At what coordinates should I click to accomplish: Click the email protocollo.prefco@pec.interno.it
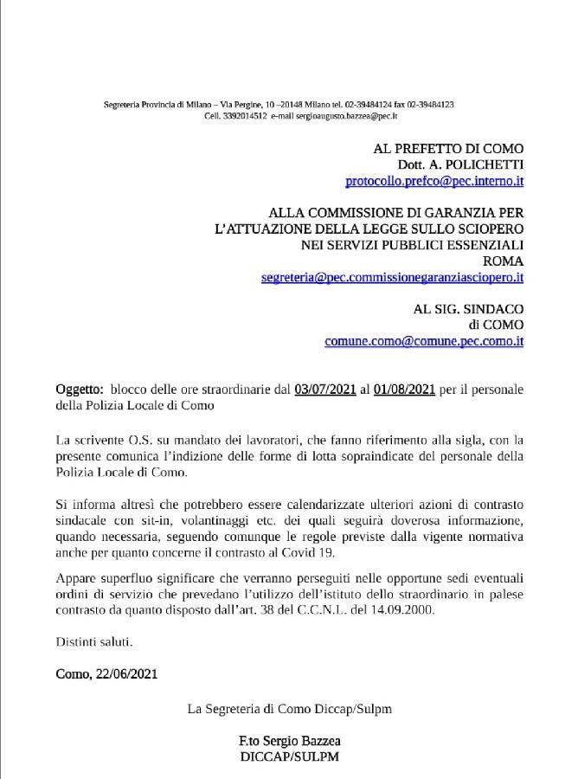click(433, 181)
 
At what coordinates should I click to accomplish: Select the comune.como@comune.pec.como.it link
click(424, 341)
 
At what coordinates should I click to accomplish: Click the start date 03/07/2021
click(325, 389)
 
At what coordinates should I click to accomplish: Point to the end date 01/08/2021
click(405, 389)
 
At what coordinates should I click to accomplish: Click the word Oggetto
click(79, 389)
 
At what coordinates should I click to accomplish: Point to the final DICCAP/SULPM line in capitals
click(289, 756)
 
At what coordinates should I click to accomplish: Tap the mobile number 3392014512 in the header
click(242, 115)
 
